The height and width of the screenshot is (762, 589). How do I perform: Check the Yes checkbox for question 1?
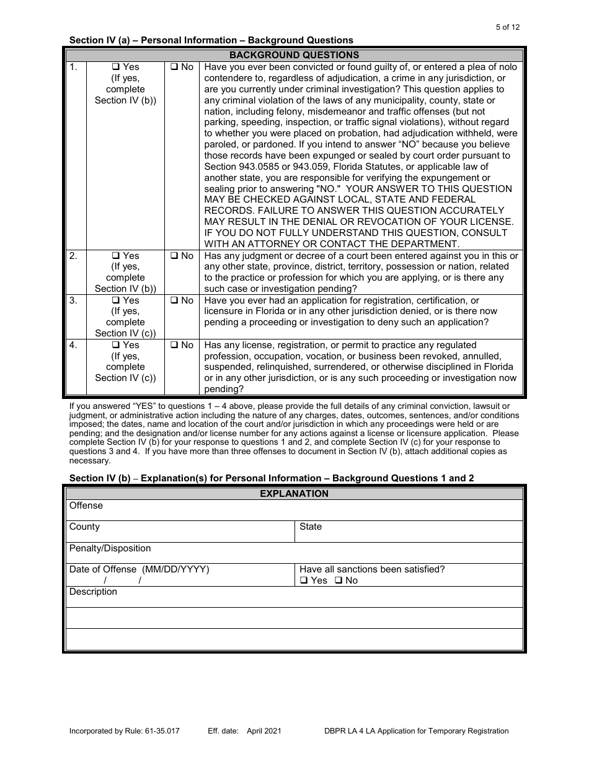(115, 67)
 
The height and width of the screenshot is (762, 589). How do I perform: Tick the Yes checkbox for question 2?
(115, 256)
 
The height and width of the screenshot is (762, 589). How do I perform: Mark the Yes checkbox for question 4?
(115, 345)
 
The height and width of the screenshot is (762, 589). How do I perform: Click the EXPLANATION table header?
(294, 494)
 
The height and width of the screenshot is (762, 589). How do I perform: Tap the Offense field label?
(86, 506)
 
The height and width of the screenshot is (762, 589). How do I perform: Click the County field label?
(84, 527)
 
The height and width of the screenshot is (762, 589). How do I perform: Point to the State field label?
(311, 527)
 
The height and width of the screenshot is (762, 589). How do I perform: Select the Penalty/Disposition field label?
(110, 548)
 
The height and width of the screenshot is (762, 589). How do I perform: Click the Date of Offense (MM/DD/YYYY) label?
(139, 569)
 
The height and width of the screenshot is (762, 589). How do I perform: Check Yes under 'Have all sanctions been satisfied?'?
(304, 580)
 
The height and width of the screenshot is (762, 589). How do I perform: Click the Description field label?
(93, 592)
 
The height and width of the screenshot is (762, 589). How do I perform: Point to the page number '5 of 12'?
(508, 27)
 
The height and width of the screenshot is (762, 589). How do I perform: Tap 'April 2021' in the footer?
(264, 731)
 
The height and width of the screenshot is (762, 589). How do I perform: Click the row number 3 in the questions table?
(73, 300)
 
